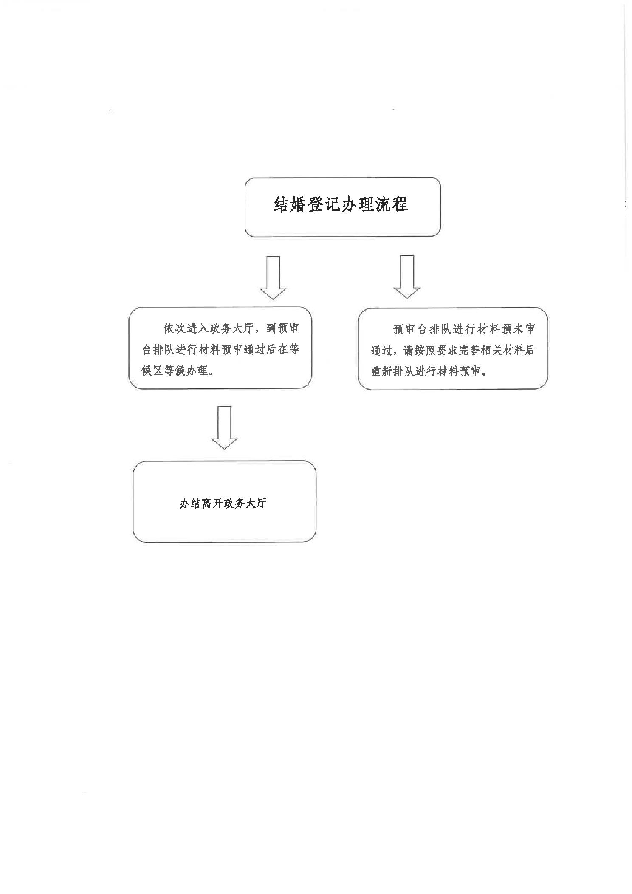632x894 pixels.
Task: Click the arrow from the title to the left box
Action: click(273, 278)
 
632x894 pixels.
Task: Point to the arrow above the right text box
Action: click(407, 277)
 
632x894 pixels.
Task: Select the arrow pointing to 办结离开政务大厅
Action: click(224, 427)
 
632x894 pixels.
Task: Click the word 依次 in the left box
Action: click(175, 328)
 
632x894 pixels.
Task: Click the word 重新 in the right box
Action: click(382, 371)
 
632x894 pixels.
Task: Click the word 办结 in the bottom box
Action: click(190, 504)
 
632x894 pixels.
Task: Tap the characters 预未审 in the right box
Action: click(519, 329)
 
